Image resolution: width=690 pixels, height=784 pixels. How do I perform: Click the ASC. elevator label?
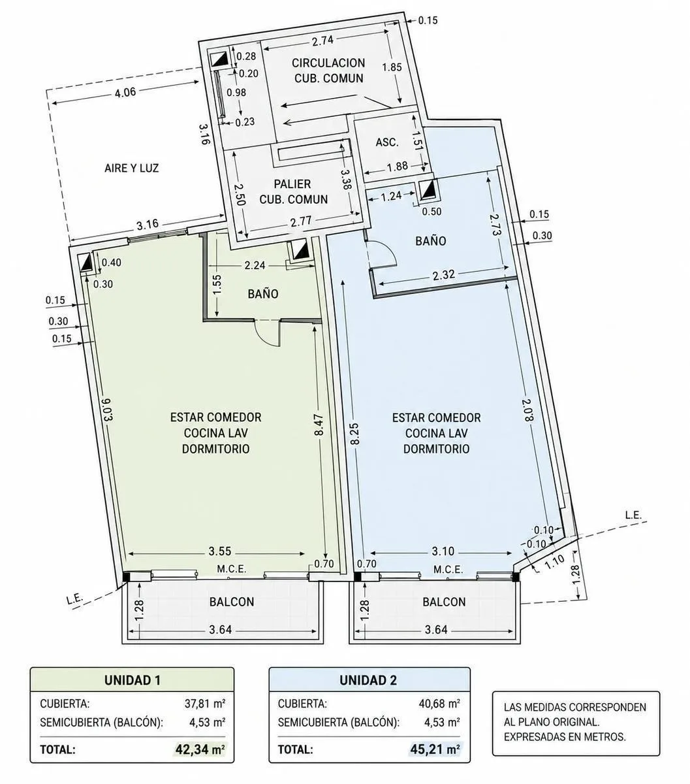click(386, 142)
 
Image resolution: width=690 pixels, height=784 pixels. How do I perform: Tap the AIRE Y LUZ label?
click(131, 168)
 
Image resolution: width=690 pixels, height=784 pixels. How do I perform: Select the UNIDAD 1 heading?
click(133, 680)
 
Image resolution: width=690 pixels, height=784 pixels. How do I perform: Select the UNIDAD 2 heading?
click(368, 680)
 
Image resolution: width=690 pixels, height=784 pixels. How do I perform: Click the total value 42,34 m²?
click(200, 749)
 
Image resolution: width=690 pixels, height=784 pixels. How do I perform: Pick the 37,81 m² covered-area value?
click(204, 703)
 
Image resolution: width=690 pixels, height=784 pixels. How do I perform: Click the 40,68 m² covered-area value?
click(439, 703)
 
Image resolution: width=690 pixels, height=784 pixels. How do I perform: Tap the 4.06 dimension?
click(125, 93)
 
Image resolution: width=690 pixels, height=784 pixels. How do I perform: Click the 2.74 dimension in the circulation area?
click(322, 41)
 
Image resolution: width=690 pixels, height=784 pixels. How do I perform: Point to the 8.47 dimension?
click(319, 425)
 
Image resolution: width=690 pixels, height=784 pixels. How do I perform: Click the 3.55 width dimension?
click(220, 551)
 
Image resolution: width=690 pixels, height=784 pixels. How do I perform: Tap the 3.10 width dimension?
click(443, 551)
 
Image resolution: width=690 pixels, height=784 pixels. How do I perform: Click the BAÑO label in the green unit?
click(263, 294)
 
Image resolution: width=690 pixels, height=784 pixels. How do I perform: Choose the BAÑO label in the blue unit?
click(430, 240)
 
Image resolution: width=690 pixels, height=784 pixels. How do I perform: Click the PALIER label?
click(292, 184)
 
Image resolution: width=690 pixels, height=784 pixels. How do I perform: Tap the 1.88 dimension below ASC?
click(397, 166)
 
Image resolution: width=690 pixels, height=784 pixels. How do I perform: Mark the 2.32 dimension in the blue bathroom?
click(444, 275)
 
